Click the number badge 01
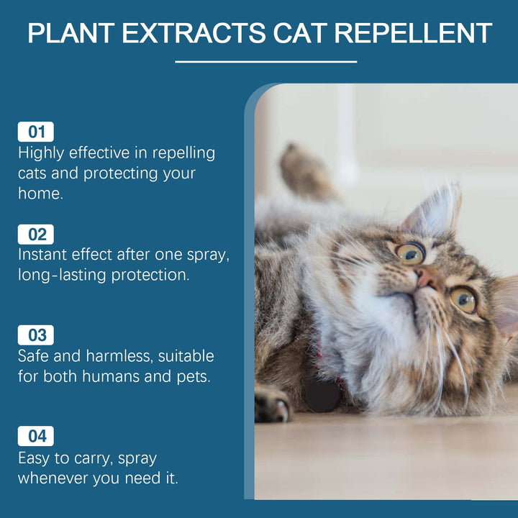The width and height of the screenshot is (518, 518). click(x=36, y=132)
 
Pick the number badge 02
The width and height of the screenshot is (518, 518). click(x=36, y=234)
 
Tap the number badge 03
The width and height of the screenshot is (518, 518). click(x=36, y=335)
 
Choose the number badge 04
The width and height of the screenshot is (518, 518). click(x=36, y=436)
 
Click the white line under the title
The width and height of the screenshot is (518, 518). click(x=266, y=62)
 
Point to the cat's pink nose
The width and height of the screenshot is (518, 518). click(x=426, y=278)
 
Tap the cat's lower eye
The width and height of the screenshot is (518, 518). click(x=463, y=299)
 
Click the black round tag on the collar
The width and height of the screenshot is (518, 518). click(x=322, y=394)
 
